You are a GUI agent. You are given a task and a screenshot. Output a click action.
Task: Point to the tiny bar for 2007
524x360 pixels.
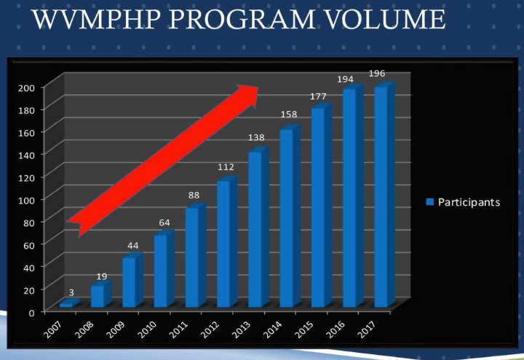click(67, 304)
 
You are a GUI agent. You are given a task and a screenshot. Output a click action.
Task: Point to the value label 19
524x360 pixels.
click(102, 276)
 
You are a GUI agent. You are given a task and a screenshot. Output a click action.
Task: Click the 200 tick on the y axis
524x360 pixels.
click(25, 87)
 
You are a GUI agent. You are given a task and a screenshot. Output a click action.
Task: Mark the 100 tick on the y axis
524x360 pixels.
click(25, 199)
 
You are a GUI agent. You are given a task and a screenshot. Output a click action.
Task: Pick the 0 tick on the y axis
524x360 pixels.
click(31, 313)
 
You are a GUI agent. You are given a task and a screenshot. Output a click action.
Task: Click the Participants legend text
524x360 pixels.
click(469, 202)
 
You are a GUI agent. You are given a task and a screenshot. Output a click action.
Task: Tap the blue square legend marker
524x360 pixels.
click(429, 202)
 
